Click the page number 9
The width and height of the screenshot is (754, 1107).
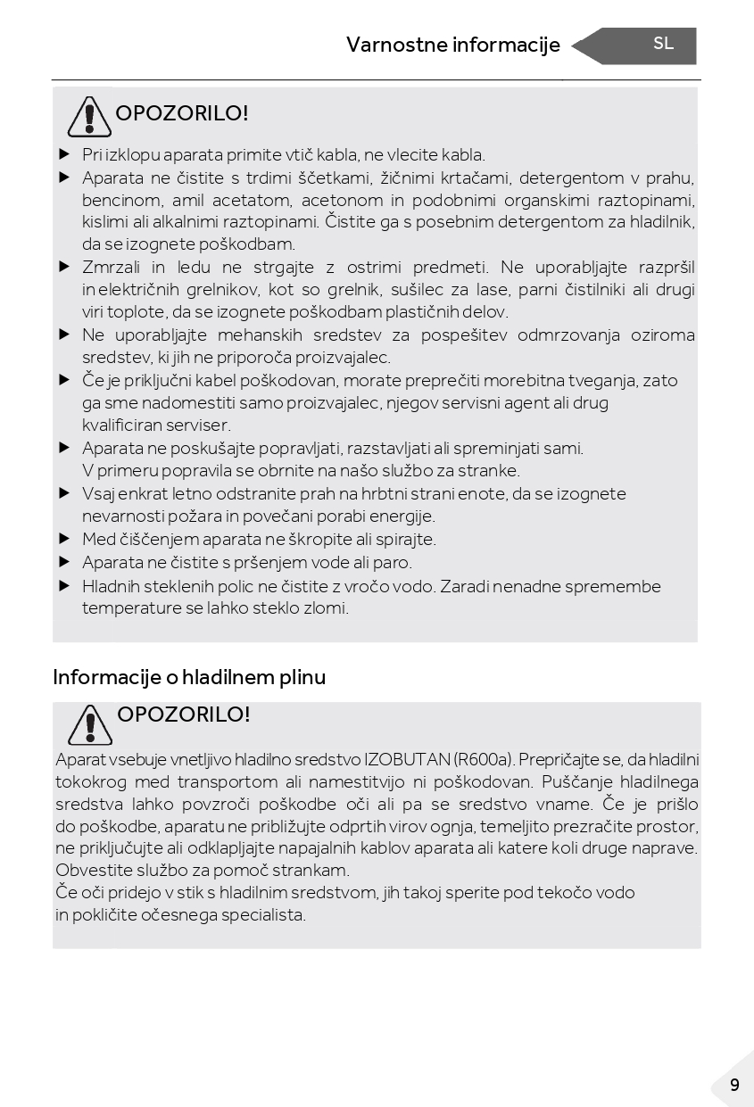(734, 1085)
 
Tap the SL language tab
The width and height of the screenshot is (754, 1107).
(663, 44)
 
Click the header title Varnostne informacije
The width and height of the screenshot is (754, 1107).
(452, 45)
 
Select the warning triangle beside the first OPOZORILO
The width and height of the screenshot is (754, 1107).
(88, 116)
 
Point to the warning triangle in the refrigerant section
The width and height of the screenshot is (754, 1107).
(90, 724)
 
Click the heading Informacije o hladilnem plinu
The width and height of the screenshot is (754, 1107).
(189, 677)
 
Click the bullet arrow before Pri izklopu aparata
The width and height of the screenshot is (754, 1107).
(64, 154)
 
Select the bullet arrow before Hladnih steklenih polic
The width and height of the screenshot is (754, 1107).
(64, 586)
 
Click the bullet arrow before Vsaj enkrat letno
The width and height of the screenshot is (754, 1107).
(64, 493)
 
